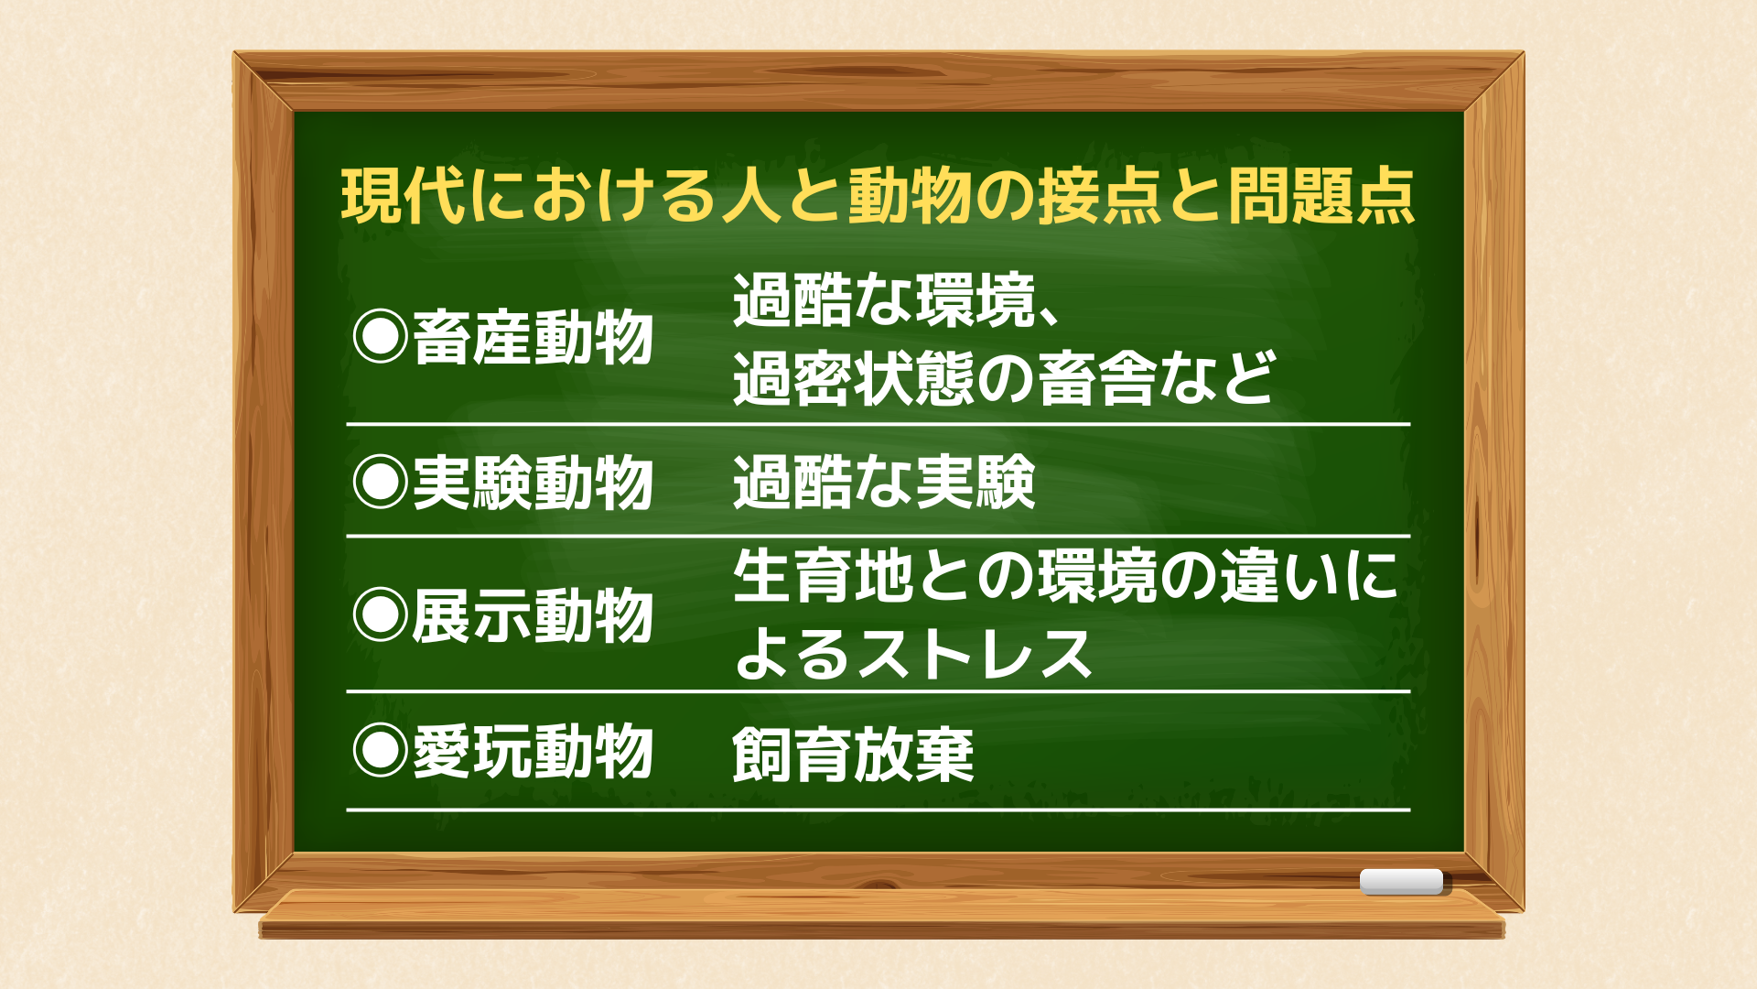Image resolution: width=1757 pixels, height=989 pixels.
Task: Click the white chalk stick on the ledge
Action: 1401,882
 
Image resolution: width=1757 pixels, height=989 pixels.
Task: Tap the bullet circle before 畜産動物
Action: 381,337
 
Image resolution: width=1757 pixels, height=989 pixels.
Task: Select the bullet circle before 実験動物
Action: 381,482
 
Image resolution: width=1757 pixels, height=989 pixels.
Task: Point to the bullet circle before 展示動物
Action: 381,614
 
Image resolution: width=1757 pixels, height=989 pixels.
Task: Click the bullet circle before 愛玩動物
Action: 381,750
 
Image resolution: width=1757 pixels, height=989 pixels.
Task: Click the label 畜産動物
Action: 533,338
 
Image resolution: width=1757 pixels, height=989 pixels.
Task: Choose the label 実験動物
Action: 533,483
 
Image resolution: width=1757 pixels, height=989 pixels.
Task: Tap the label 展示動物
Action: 533,615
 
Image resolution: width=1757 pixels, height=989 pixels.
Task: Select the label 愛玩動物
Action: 533,751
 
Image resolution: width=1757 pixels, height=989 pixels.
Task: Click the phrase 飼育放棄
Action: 853,755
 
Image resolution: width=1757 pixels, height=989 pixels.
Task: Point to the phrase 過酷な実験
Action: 884,483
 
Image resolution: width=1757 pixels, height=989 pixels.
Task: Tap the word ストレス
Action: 975,655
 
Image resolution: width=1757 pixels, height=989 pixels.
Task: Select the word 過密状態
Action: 853,378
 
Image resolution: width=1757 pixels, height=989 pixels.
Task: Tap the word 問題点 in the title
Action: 1322,196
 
